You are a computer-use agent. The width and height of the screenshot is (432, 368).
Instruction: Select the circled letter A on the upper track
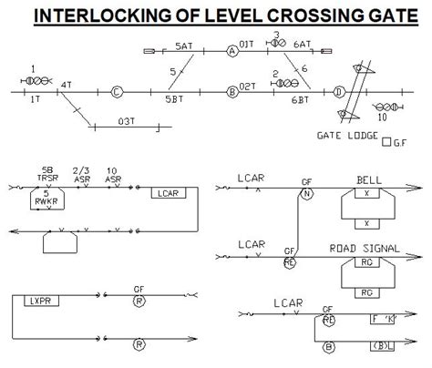(232, 54)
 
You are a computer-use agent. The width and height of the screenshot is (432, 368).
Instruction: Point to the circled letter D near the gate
(339, 91)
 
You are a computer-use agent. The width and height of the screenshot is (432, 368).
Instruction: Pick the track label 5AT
(184, 45)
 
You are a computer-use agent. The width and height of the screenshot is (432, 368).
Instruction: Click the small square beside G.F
(388, 141)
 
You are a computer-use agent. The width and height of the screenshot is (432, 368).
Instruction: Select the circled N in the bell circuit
(307, 192)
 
